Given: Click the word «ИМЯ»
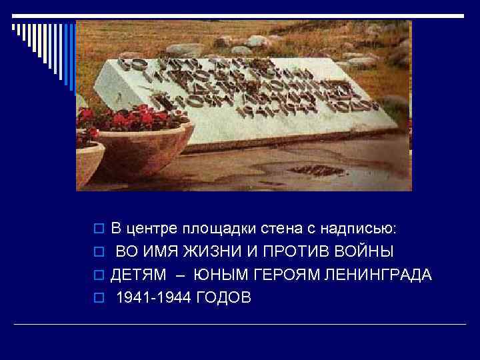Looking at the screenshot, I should point(160,252).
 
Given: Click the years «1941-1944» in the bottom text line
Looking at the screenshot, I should point(154,297).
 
